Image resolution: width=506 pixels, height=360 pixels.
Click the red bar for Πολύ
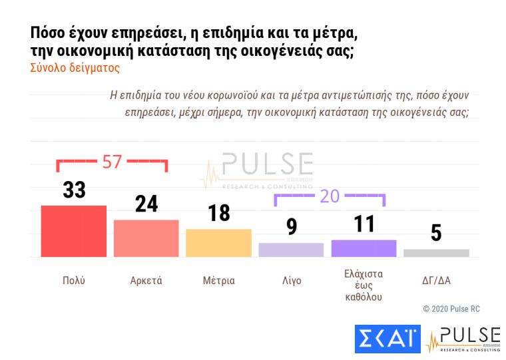click(74, 231)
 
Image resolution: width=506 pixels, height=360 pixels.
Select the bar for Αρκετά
click(146, 238)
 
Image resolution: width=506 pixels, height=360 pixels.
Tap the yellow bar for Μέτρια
click(218, 243)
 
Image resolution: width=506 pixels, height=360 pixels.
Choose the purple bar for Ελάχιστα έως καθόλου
click(364, 248)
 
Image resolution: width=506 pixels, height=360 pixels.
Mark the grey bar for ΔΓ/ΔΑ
click(436, 253)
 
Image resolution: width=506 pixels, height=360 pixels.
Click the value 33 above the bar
click(75, 190)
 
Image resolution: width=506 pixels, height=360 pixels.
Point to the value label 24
click(146, 204)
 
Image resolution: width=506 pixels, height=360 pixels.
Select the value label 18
click(218, 213)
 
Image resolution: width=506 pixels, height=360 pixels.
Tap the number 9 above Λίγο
click(291, 227)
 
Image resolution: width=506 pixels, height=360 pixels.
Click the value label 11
click(364, 224)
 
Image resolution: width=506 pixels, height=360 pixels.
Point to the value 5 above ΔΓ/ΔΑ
click(436, 234)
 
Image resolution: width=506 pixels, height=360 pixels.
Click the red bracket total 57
click(111, 161)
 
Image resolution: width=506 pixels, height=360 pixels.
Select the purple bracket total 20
click(330, 196)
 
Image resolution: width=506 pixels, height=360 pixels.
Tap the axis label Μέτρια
click(218, 281)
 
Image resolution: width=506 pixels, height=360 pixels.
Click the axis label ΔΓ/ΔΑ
click(437, 281)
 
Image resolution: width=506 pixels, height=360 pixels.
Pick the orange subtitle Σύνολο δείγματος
click(74, 68)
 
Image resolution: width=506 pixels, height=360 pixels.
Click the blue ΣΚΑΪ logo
click(387, 339)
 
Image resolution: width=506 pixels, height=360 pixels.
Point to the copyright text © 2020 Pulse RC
click(451, 309)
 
